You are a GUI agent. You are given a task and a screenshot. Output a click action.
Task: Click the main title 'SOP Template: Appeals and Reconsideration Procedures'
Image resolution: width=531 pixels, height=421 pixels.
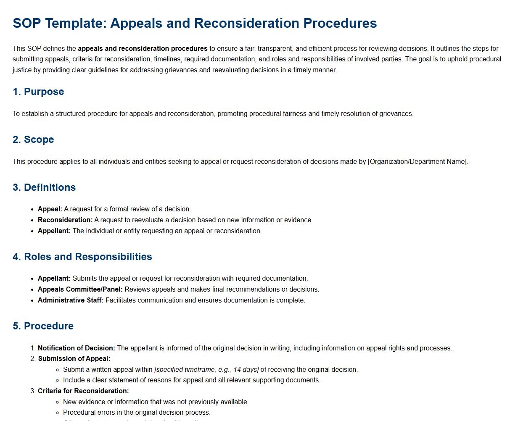[x=195, y=23]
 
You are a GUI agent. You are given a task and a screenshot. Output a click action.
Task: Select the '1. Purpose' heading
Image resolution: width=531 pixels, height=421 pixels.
[x=38, y=92]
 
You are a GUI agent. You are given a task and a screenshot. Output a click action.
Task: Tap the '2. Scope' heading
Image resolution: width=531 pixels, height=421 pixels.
[x=33, y=139]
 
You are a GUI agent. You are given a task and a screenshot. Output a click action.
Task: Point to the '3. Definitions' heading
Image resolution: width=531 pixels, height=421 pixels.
[x=44, y=187]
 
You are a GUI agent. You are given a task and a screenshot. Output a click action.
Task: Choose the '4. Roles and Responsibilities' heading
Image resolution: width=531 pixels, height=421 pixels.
[x=82, y=257]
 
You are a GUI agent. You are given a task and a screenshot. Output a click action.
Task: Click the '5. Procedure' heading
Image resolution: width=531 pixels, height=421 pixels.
[x=43, y=326]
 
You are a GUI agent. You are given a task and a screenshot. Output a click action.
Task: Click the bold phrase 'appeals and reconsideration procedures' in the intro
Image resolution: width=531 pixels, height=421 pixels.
[x=143, y=49]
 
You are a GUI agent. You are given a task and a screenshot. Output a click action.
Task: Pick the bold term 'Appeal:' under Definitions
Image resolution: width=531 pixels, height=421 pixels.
[x=50, y=209]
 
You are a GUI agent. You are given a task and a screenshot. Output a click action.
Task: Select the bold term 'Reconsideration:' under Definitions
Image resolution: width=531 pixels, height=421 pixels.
[x=65, y=220]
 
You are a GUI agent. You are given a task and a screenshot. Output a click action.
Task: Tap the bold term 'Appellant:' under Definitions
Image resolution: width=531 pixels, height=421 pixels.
[x=54, y=231]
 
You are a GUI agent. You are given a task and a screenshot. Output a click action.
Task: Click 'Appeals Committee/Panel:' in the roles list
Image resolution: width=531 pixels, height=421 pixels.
[x=80, y=289]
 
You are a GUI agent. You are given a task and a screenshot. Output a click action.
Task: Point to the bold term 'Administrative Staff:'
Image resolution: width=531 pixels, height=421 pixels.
[x=71, y=300]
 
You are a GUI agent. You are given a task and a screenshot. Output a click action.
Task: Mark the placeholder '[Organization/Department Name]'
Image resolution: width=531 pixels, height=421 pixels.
[x=417, y=162]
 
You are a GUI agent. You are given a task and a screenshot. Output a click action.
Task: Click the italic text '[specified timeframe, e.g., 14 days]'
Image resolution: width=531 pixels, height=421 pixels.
[x=206, y=370]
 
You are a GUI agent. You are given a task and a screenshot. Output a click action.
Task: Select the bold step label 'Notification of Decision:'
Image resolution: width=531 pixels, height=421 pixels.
[x=77, y=348]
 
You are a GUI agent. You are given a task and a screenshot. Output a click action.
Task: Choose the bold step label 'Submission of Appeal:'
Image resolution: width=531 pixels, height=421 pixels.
[x=74, y=359]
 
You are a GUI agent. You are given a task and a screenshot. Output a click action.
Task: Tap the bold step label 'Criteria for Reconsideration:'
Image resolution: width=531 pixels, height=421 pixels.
[x=83, y=391]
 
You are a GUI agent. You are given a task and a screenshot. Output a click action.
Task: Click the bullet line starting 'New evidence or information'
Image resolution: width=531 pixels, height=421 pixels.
[x=156, y=402]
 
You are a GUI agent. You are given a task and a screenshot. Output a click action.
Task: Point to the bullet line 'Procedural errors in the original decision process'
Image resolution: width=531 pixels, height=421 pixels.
[x=137, y=413]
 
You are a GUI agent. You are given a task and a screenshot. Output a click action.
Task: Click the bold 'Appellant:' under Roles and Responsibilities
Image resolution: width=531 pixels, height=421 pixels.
[x=54, y=279]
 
